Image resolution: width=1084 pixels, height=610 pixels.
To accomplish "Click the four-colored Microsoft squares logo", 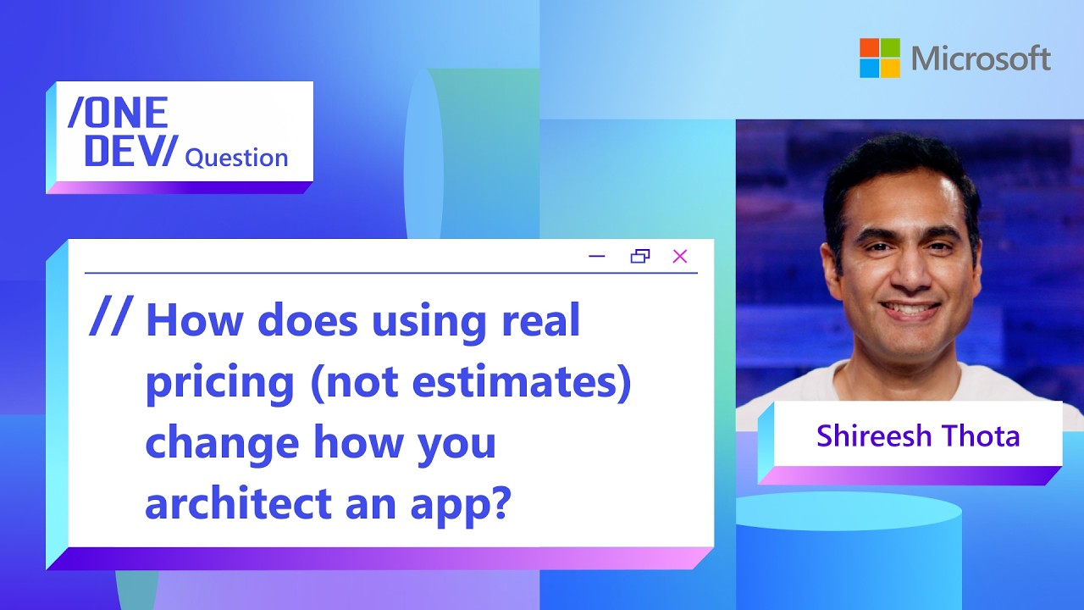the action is [x=880, y=58].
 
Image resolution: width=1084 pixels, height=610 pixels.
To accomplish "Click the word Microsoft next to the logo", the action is [x=981, y=58].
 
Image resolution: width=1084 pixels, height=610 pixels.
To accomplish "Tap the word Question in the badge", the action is [x=236, y=158].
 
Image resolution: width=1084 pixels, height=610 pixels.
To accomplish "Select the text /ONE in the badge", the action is [x=118, y=113].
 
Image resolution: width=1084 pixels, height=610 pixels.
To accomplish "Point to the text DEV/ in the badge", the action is [x=131, y=151].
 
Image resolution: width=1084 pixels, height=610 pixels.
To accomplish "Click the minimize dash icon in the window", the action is [x=597, y=256].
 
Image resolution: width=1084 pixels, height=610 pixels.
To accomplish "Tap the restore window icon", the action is [x=639, y=256].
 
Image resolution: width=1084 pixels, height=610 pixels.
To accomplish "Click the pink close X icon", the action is [x=680, y=256].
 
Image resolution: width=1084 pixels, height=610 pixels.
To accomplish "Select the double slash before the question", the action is [x=111, y=316].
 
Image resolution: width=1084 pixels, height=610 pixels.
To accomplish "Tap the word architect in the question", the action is [x=239, y=502].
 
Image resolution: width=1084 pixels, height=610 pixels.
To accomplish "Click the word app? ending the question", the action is [x=461, y=506].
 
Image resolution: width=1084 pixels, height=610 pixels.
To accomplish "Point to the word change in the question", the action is [x=222, y=444].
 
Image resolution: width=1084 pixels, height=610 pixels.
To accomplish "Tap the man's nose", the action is [x=908, y=272].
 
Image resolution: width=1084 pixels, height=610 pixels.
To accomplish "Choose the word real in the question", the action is [x=541, y=320].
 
